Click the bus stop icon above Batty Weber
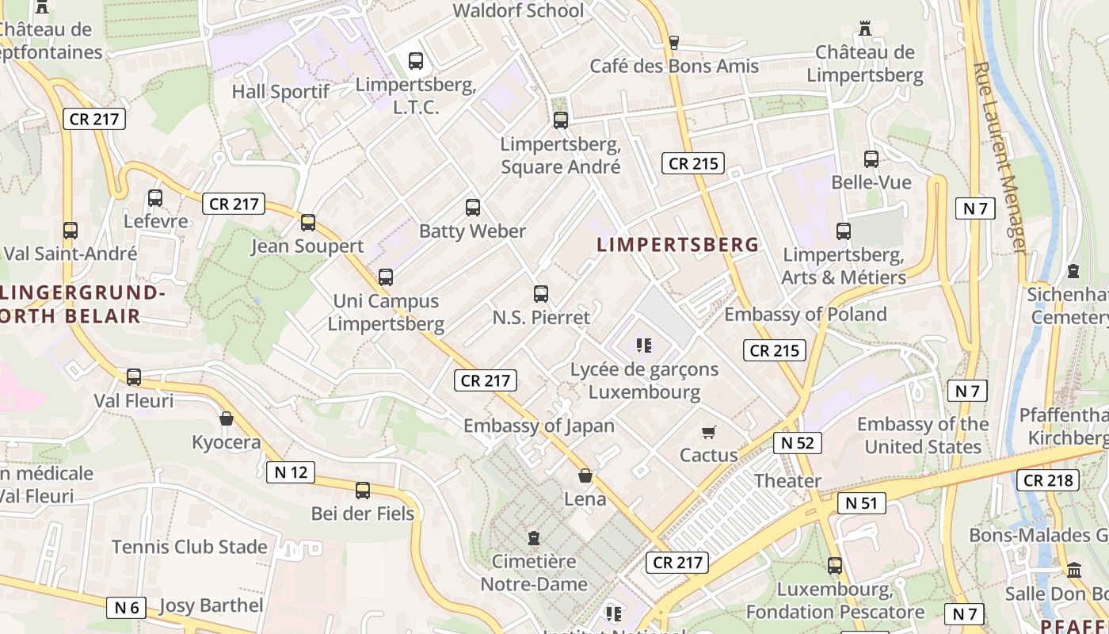coord(473,208)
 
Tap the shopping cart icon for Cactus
coord(709,432)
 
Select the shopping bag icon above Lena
coord(585,475)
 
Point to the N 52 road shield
coord(797,443)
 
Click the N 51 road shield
coord(861,502)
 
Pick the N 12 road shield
coord(290,472)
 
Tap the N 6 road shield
coord(127,608)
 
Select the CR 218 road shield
coord(1048,479)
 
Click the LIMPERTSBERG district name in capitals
coord(678,245)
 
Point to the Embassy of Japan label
coord(539,426)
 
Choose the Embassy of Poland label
coord(806,315)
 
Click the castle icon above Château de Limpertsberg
coord(865,29)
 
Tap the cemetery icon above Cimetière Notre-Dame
coord(534,538)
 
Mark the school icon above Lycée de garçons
coord(644,345)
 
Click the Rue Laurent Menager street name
coord(1000,158)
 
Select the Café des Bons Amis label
coord(674,66)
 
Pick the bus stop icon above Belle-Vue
coord(871,158)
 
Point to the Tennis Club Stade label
coord(189,547)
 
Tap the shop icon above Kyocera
coord(227,418)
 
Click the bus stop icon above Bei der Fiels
coord(363,491)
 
